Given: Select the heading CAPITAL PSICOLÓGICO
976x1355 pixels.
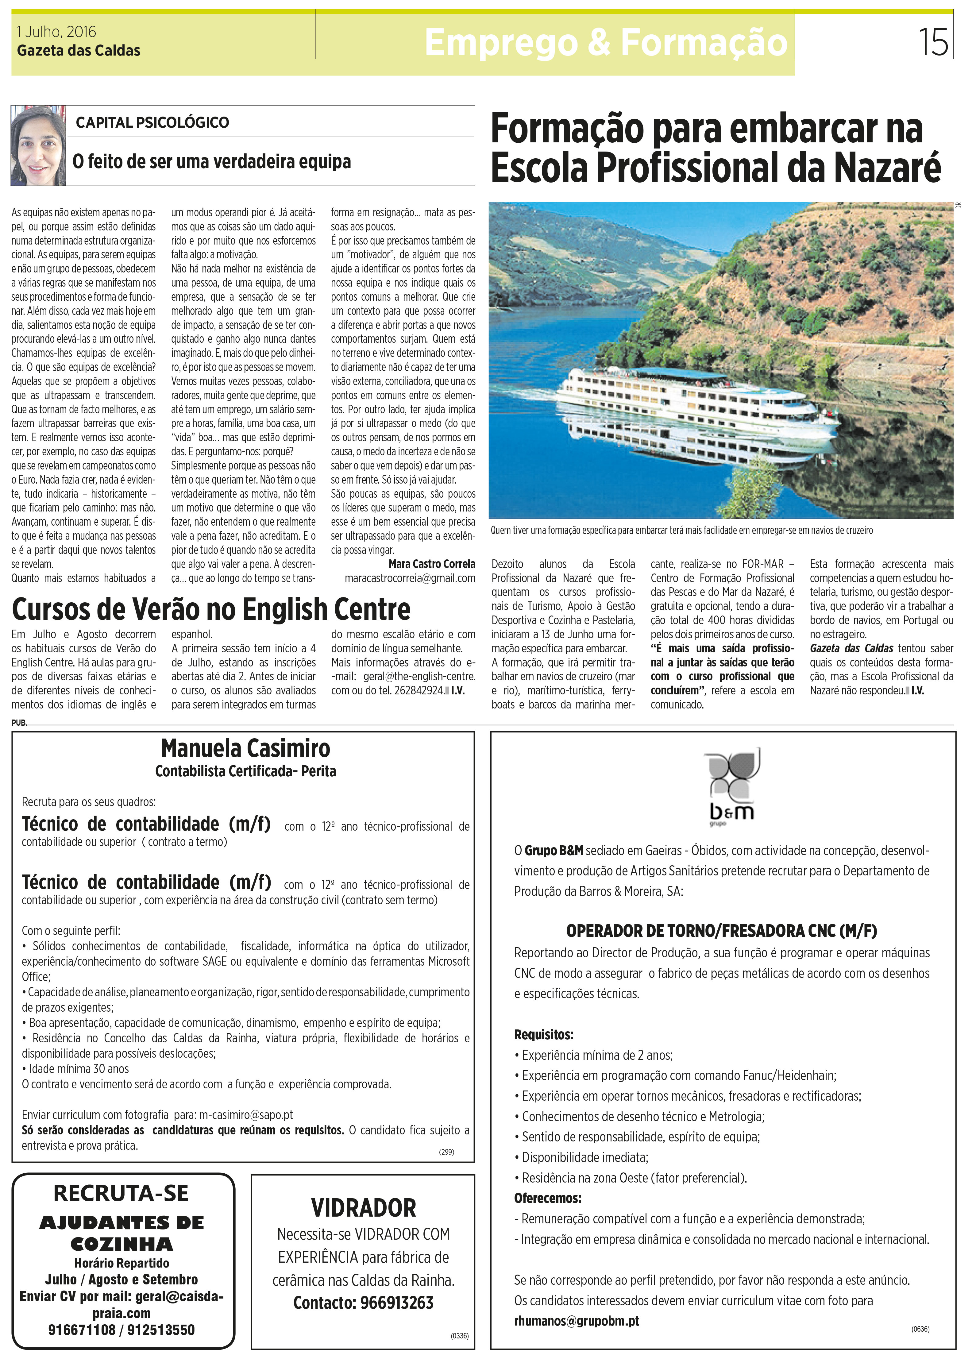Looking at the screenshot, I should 152,122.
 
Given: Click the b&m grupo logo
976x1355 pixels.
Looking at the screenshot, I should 732,786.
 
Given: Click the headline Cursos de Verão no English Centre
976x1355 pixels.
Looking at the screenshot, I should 211,609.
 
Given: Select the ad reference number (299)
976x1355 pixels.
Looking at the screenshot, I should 446,1152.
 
